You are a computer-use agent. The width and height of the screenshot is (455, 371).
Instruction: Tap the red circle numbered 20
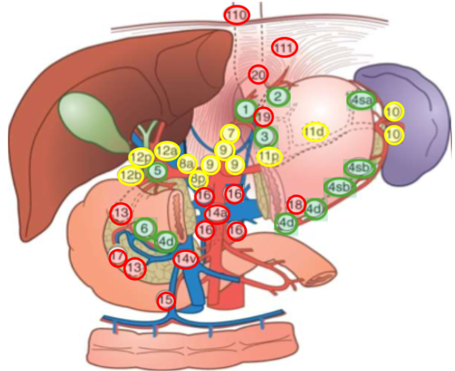point(258,75)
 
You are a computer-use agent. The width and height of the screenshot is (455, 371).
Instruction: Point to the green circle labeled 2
point(278,95)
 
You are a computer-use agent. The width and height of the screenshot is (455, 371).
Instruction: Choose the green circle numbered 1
point(245,110)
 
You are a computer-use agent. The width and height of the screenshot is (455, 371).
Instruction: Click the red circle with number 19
point(263,117)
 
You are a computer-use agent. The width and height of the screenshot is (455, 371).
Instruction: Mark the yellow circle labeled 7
point(230,133)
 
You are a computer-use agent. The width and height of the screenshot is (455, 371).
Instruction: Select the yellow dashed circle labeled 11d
point(315,131)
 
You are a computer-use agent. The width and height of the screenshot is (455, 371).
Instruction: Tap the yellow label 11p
point(269,156)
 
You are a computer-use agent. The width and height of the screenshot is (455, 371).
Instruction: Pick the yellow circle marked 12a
point(167,151)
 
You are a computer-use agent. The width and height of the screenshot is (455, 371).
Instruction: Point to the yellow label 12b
point(129,175)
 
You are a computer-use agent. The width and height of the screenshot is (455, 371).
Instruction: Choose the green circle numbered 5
point(157,172)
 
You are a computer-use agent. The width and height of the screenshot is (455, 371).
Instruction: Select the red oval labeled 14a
point(217,212)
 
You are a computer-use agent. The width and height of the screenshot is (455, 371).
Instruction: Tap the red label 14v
point(185,259)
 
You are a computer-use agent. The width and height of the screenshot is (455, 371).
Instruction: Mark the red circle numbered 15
point(165,300)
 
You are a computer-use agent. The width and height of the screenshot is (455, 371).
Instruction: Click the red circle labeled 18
point(296,205)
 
